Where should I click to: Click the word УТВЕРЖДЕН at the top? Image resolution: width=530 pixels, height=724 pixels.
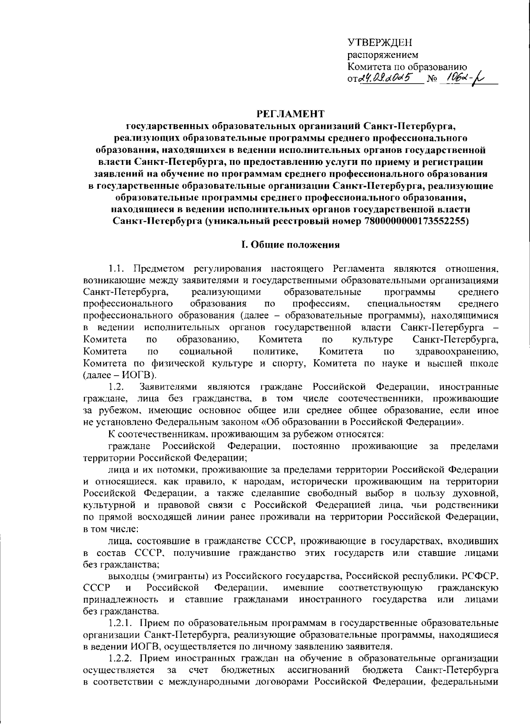(379, 43)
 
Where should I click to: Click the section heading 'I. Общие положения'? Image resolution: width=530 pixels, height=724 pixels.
(290, 244)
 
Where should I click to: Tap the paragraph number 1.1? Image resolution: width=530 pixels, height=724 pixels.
(117, 268)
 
